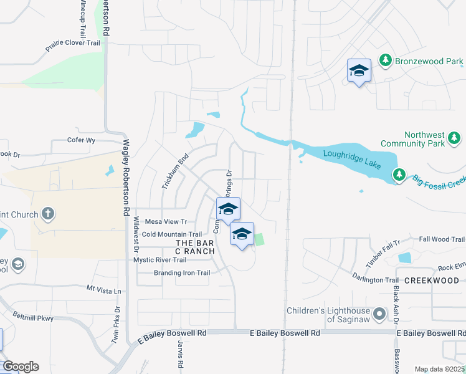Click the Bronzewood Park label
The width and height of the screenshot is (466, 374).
click(x=429, y=61)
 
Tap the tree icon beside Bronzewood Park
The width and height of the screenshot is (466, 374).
click(x=386, y=60)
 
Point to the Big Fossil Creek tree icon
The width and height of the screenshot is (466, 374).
click(x=399, y=176)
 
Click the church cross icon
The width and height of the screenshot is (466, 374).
click(x=47, y=214)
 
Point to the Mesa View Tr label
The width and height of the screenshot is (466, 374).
click(x=166, y=221)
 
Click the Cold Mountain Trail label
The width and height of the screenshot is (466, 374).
click(x=172, y=234)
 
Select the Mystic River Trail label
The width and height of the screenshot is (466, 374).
click(x=160, y=260)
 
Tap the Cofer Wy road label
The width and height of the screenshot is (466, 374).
click(x=81, y=140)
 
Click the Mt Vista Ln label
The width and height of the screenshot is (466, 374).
click(x=104, y=290)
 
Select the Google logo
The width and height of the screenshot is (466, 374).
click(x=21, y=367)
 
